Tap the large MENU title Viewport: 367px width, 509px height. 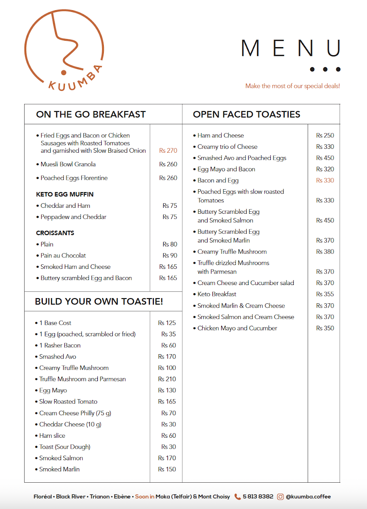tap(290, 48)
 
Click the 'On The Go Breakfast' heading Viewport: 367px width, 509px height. tap(91, 115)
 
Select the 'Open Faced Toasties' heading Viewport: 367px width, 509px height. tap(246, 115)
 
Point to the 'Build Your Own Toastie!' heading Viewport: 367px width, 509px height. tap(99, 302)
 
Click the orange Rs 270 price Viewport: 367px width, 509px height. tap(168, 151)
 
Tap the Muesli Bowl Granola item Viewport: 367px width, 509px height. tap(68, 164)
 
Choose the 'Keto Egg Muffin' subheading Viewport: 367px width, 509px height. tap(65, 194)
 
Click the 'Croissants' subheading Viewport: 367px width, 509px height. tap(55, 233)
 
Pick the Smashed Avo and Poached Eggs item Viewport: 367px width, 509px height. tap(242, 158)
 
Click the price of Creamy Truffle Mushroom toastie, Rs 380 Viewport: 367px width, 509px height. tap(325, 252)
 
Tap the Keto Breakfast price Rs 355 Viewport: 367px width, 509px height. tap(325, 294)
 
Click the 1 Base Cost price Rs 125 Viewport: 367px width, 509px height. tap(167, 323)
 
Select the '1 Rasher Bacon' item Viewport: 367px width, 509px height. tap(60, 345)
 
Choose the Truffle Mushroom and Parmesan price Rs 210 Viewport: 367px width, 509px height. tap(167, 379)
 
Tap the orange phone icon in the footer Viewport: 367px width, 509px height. tap(238, 497)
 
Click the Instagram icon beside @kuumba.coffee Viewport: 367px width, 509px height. tap(281, 497)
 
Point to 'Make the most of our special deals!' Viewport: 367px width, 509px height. tap(292, 86)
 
